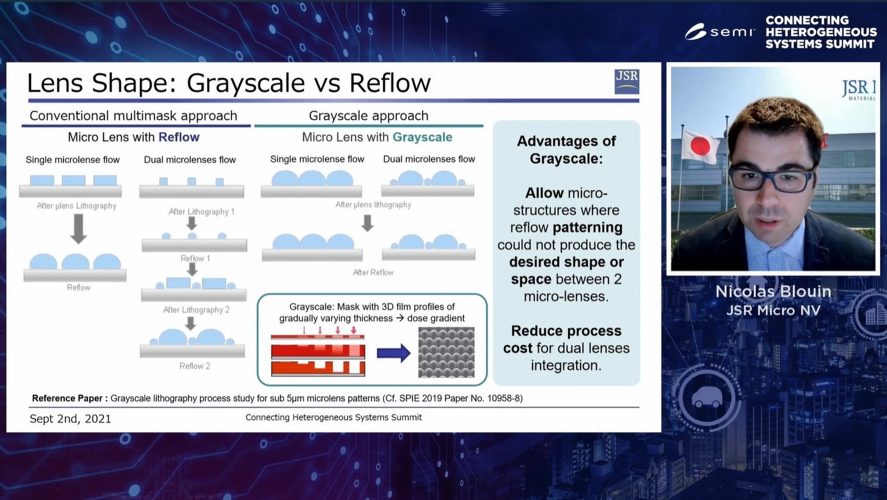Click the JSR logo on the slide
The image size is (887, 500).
[627, 82]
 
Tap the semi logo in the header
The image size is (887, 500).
[720, 32]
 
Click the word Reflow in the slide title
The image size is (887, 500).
[390, 83]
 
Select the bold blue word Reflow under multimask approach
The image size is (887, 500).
[179, 137]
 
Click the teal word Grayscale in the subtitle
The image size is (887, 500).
[423, 137]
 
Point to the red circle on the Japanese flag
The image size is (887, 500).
[700, 146]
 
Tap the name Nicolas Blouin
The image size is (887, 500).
[773, 292]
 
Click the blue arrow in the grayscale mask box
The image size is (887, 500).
[393, 353]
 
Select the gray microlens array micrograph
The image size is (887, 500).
[447, 352]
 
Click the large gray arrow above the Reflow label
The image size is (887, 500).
[78, 229]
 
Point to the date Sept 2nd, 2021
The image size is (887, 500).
[70, 418]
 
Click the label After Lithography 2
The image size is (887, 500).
[196, 310]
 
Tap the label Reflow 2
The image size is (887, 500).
[194, 366]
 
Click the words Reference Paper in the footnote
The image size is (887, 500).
[67, 398]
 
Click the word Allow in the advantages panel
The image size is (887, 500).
[544, 193]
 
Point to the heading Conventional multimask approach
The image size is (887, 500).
[133, 115]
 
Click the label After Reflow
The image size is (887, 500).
[373, 272]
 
